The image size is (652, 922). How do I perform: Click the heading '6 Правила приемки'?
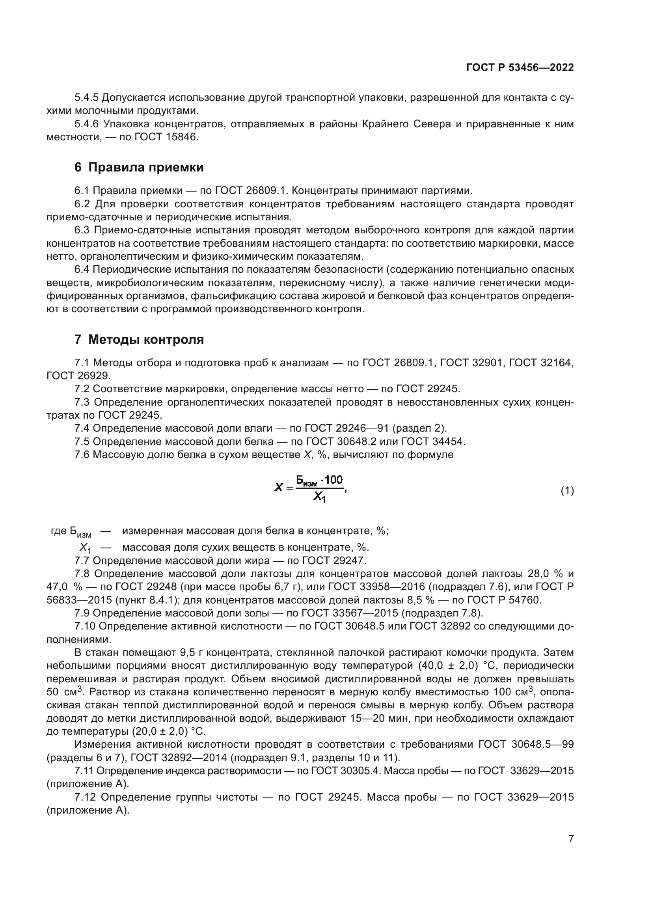tap(139, 168)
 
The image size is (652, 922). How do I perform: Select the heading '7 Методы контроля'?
tap(139, 340)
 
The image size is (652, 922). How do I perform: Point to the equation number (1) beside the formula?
tap(567, 491)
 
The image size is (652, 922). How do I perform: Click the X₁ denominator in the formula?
tap(320, 498)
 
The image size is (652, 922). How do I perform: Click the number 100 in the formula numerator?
tap(333, 479)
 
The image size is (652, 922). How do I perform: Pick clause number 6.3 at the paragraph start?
tap(82, 230)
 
